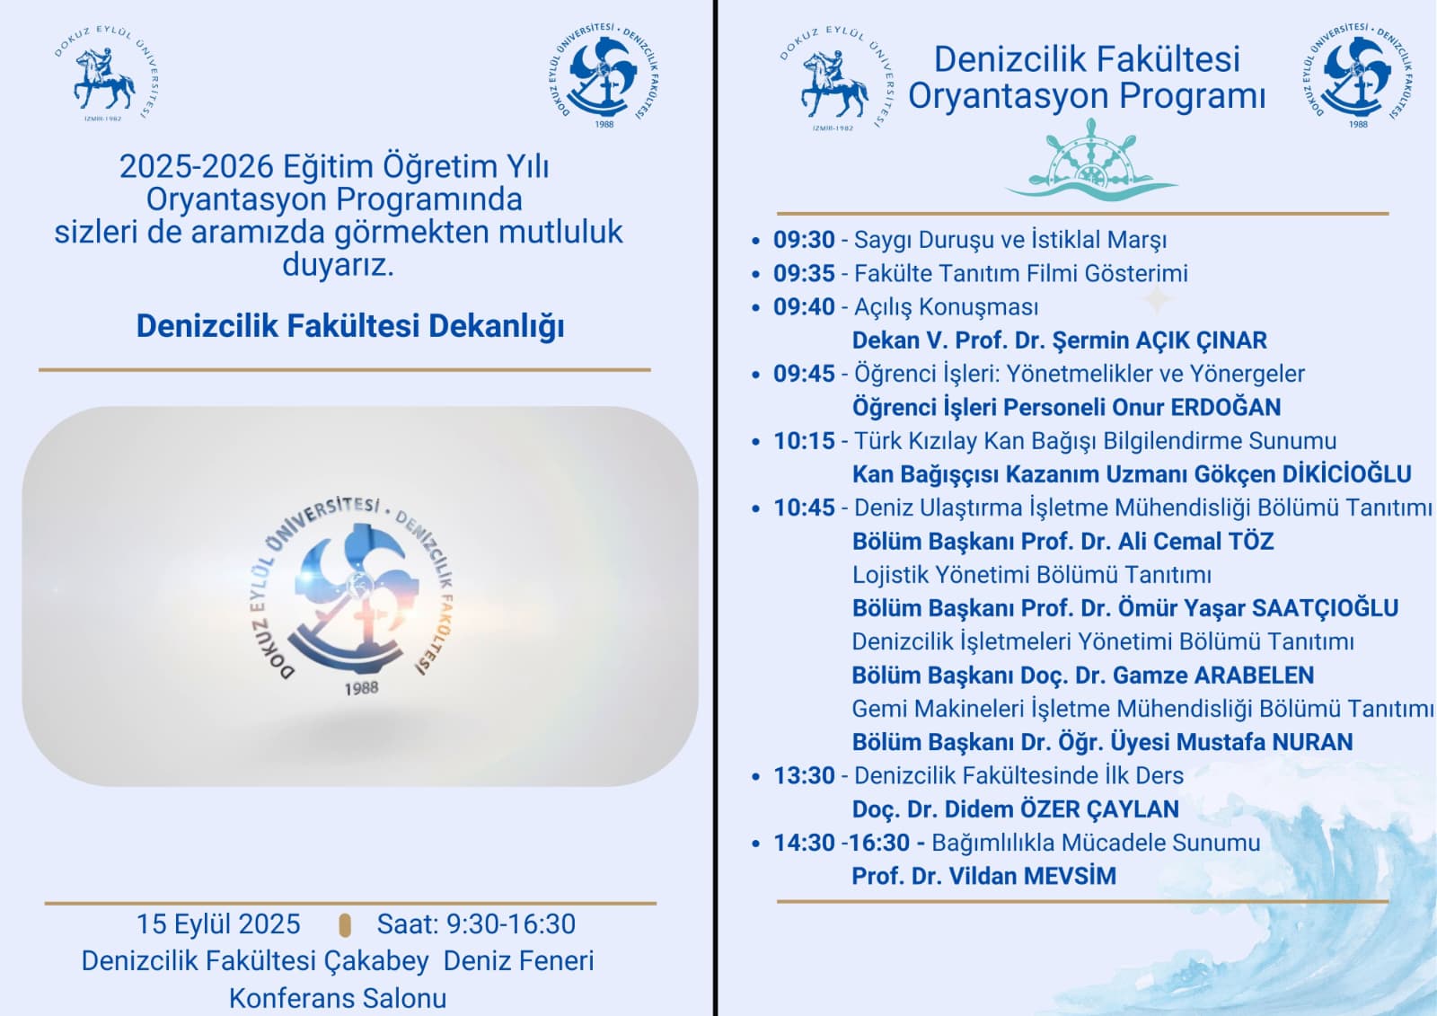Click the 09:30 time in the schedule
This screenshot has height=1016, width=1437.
click(804, 240)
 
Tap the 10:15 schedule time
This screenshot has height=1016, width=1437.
click(804, 441)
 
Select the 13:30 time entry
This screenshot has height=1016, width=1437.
click(804, 776)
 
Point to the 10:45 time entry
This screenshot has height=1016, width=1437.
click(804, 508)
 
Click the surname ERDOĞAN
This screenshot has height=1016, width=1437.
click(1226, 407)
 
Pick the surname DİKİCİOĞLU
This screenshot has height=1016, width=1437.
click(1346, 474)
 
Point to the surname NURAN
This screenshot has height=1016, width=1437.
click(1312, 742)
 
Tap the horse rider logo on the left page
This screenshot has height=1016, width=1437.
click(106, 74)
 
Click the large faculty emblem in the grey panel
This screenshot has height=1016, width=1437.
click(352, 595)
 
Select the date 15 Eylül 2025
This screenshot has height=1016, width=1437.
click(218, 924)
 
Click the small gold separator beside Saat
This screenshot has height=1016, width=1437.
click(345, 925)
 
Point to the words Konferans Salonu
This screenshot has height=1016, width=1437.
click(338, 999)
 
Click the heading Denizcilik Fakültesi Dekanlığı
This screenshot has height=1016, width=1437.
click(350, 325)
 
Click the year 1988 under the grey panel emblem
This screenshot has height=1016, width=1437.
click(361, 689)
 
